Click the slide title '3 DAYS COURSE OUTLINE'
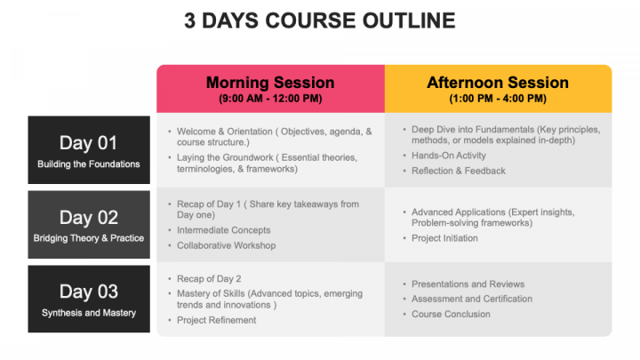pos(320,20)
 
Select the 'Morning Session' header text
pos(270,83)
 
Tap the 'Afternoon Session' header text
pos(498,83)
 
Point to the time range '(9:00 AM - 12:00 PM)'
pos(270,99)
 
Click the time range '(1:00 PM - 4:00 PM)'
pos(498,99)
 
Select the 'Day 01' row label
pos(89,143)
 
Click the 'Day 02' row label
pos(89,218)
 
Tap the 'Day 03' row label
pos(89,292)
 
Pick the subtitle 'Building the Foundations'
pos(89,164)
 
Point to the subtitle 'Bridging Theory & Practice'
pos(89,238)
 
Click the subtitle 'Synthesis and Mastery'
pos(89,313)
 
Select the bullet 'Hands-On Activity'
pos(449,156)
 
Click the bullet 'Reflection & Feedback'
pos(459,171)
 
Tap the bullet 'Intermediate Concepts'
pos(224,230)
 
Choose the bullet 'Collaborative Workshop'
pos(226,245)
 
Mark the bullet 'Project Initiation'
pos(444,238)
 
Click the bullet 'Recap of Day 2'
pos(209,279)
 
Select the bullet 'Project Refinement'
pos(216,320)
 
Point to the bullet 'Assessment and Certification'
pos(472,300)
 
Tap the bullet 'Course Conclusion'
pos(451,315)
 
